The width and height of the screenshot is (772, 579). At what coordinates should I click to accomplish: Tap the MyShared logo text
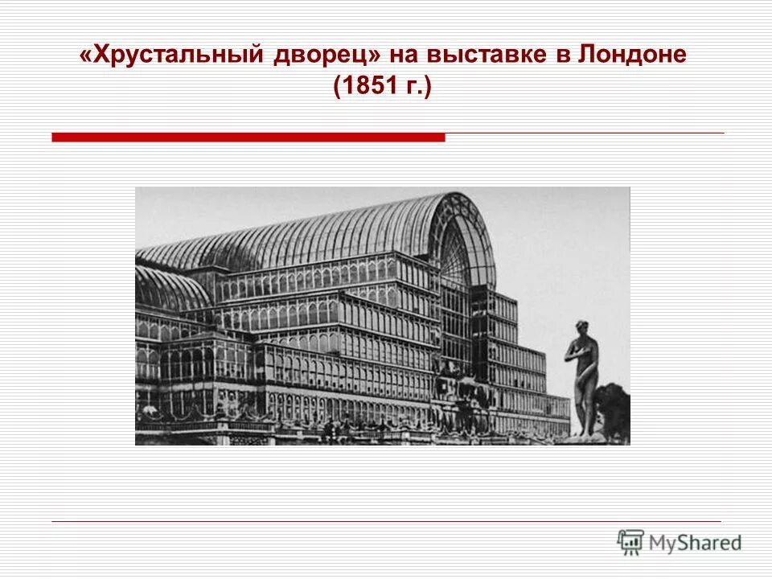696,543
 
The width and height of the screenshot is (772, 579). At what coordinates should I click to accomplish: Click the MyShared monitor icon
630,541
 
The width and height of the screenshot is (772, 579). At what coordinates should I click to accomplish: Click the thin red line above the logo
386,522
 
